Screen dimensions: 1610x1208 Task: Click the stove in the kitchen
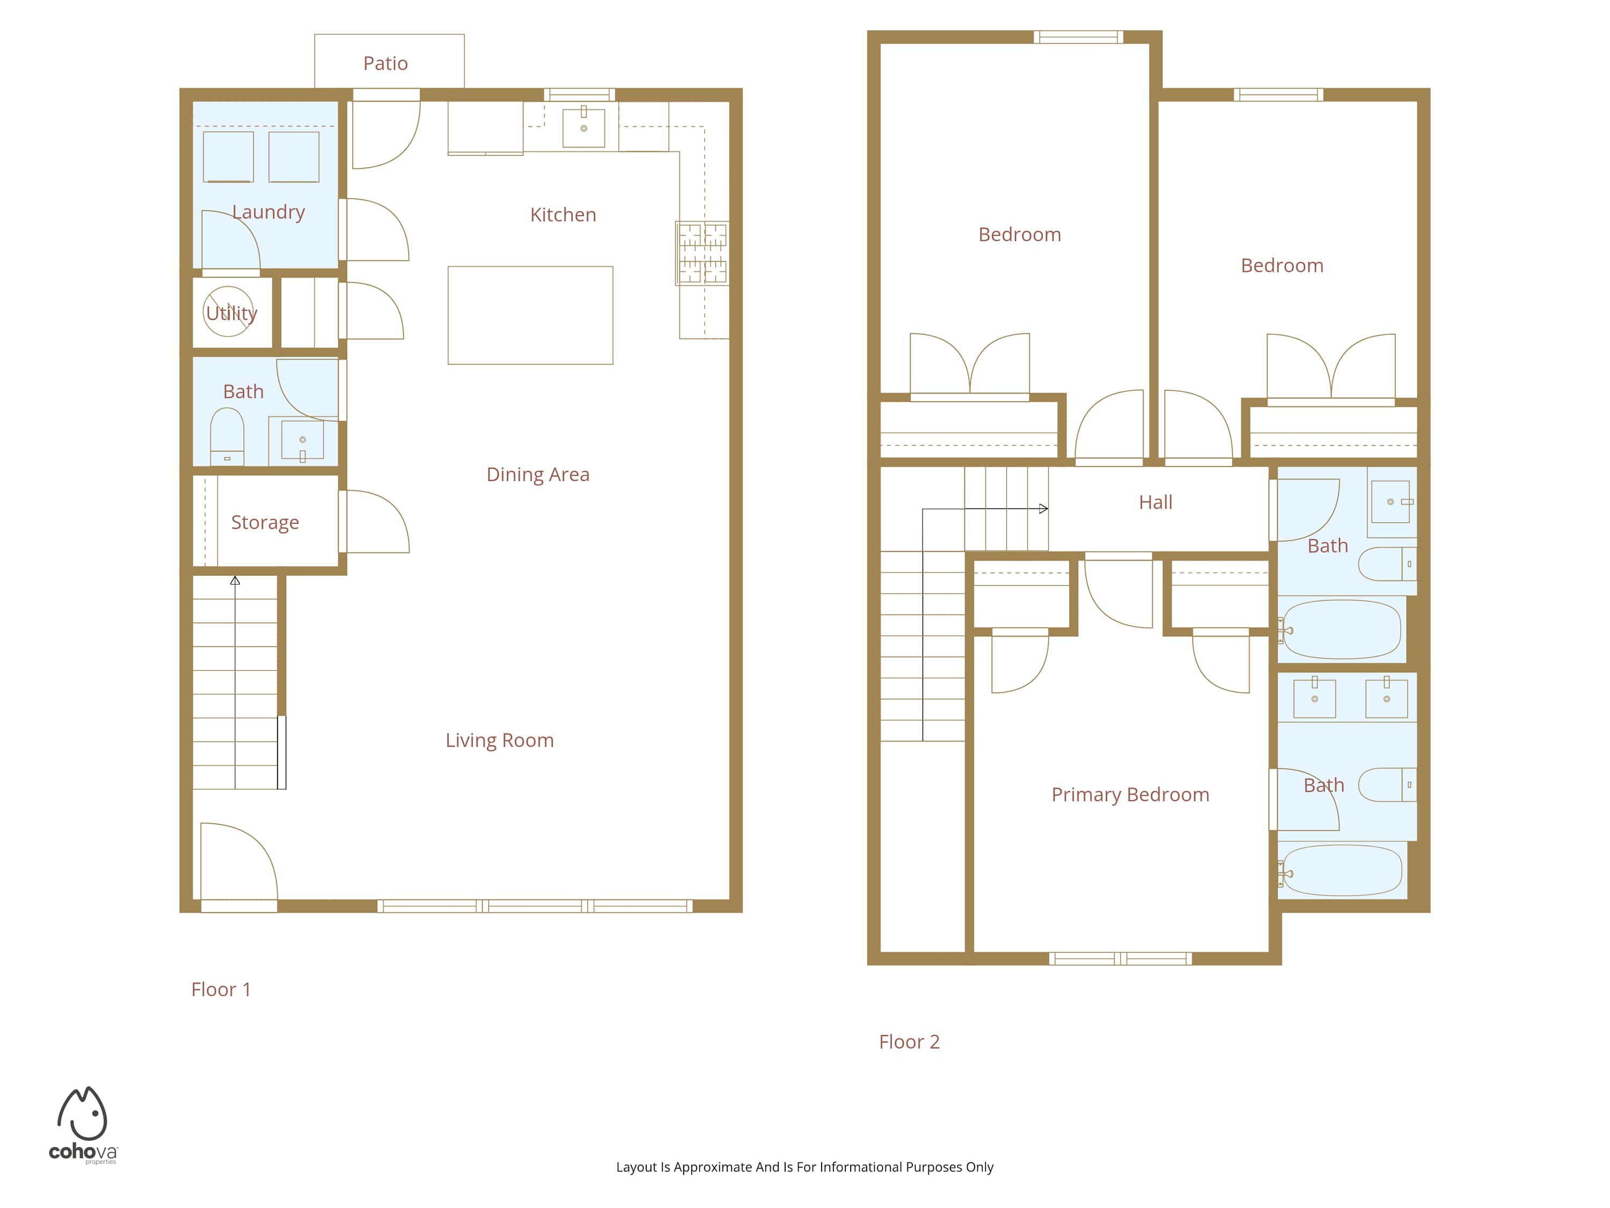click(702, 253)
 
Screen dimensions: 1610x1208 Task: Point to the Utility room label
click(231, 314)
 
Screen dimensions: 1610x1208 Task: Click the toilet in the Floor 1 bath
click(227, 436)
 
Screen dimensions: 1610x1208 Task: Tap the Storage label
click(265, 523)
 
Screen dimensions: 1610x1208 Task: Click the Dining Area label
click(538, 475)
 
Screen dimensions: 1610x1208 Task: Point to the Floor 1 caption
click(221, 989)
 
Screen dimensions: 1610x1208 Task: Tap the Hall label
click(1156, 503)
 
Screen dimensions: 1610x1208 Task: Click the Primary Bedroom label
click(1130, 795)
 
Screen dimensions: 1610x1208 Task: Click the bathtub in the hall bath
click(1342, 629)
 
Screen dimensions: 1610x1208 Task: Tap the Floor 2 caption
click(909, 1042)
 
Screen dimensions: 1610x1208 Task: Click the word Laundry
click(268, 212)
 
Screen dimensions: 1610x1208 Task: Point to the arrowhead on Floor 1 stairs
click(235, 580)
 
